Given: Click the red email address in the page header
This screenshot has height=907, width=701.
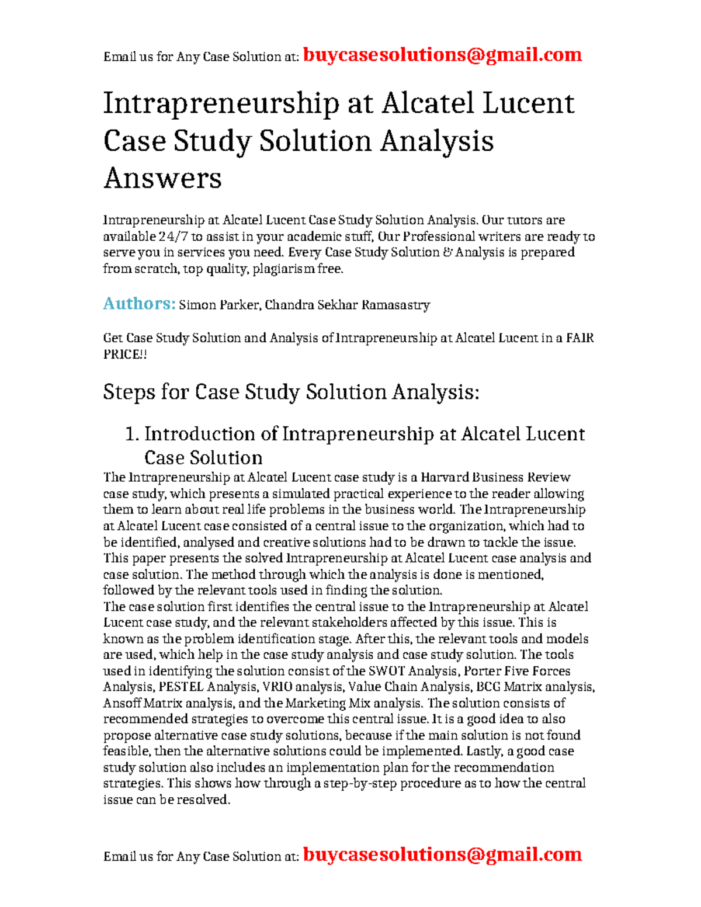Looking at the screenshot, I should [x=442, y=55].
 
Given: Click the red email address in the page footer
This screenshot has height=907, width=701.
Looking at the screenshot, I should [x=442, y=854].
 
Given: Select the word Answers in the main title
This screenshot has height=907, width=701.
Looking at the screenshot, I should [x=162, y=178].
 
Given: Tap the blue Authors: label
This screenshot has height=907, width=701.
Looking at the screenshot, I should [x=139, y=304].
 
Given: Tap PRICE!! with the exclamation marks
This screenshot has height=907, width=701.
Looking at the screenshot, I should [x=125, y=355].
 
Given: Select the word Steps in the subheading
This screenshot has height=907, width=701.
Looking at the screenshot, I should [x=128, y=392].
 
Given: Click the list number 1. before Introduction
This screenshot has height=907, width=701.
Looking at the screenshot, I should [x=132, y=434].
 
